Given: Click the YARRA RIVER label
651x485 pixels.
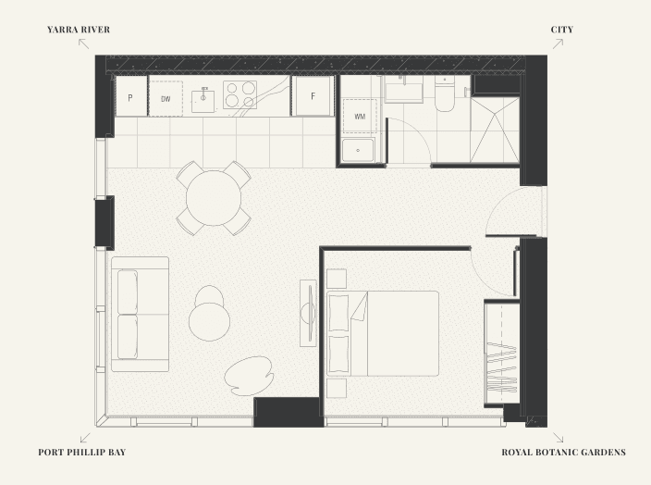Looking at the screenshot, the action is pos(79,30).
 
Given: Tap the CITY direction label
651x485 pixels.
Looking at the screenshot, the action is pos(561,30).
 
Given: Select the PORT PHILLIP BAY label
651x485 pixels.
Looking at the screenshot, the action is pos(81,453).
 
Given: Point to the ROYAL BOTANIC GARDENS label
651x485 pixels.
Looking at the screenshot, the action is pos(563,453).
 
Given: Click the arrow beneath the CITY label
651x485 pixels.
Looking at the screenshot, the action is pos(558,44).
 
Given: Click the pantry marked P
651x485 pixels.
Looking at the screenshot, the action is pos(131,96).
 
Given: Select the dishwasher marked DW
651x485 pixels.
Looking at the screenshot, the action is pos(166,98).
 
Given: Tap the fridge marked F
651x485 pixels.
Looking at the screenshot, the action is pos(313,95).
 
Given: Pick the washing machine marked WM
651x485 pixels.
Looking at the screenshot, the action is pos(360,116).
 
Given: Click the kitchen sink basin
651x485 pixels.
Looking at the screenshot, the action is pos(203,102).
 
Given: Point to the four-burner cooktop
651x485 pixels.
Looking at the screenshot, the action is pos(240,94).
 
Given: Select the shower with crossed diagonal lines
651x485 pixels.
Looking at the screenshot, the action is pos(495,130).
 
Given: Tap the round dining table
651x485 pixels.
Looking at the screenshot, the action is pos(214,198).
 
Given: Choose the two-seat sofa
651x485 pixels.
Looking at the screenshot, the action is pos(140,314).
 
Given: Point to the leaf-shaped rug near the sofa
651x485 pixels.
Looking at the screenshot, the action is pos(249,376).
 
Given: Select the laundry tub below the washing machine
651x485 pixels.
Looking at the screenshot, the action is pos(358,150).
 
